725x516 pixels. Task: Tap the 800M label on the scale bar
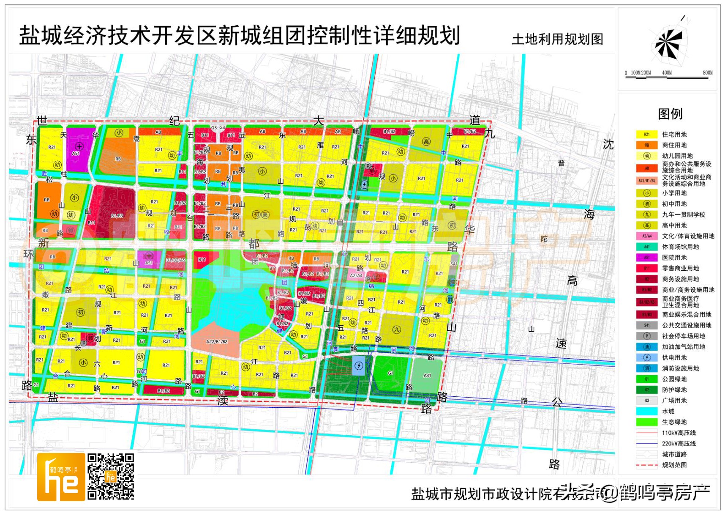707,73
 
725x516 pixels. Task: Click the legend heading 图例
670,114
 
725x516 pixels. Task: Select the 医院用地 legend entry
674,258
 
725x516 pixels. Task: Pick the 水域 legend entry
668,411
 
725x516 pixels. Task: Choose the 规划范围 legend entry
674,465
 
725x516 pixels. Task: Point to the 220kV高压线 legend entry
678,443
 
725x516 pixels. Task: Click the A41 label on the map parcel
427,375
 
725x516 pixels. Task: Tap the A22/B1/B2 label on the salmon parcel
217,342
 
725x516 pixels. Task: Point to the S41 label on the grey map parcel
454,264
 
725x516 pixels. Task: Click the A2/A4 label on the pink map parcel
356,275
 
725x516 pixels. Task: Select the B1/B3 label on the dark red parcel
117,216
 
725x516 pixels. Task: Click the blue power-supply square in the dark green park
359,366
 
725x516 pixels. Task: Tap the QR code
111,476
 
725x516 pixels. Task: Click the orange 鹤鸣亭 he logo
61,477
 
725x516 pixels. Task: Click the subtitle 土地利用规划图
557,39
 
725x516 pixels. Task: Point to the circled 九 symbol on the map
396,329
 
